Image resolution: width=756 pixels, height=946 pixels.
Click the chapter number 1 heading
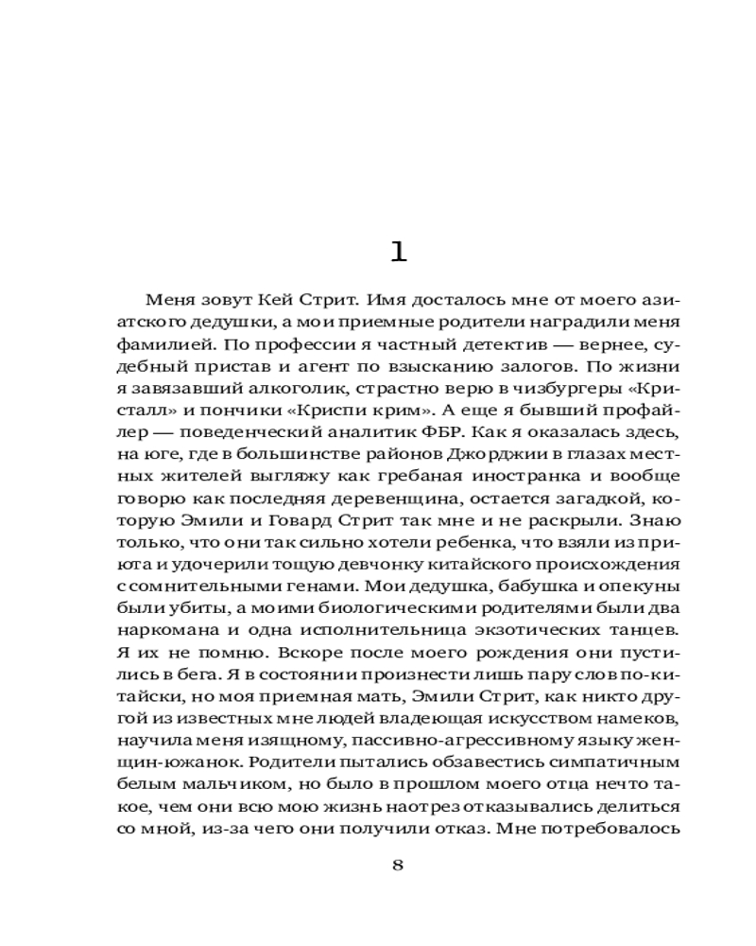[397, 252]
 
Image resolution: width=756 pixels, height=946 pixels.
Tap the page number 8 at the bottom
[397, 865]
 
